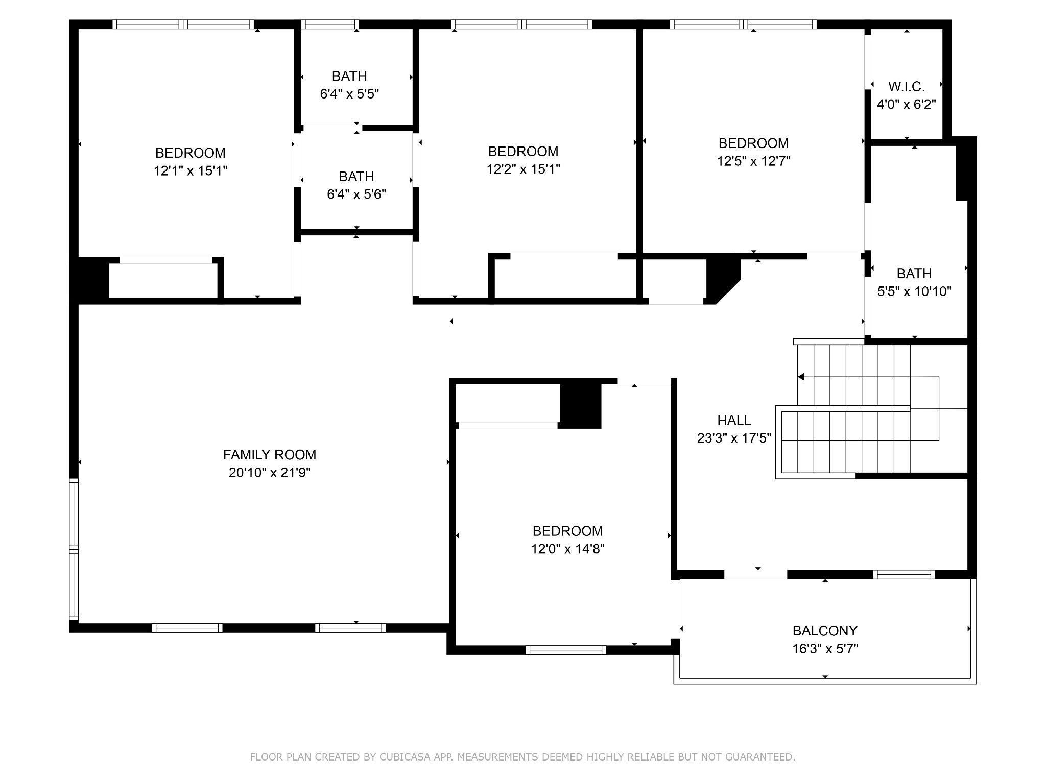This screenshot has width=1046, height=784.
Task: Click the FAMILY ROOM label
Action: click(x=269, y=454)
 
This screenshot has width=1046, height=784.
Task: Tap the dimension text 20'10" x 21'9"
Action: click(x=269, y=473)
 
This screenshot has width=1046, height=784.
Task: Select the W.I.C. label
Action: click(x=906, y=86)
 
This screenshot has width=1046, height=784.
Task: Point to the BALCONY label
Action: click(x=824, y=631)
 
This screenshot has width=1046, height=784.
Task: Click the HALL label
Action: click(x=734, y=420)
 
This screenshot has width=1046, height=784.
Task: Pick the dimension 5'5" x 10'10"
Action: click(x=914, y=291)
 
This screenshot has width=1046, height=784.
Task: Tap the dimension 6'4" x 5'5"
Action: click(x=349, y=94)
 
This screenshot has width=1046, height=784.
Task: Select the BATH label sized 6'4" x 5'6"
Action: click(x=356, y=177)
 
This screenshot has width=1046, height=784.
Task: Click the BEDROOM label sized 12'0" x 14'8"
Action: click(x=567, y=531)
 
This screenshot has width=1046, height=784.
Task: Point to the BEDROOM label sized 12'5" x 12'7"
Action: click(x=753, y=143)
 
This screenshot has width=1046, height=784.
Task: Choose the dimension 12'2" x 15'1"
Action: click(x=523, y=169)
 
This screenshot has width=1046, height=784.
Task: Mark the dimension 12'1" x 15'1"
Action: click(x=190, y=170)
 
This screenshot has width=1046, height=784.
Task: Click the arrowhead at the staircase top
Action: click(x=801, y=377)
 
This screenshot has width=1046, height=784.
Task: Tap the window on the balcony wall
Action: click(x=904, y=575)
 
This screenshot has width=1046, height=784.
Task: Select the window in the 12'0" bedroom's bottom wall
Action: click(x=565, y=650)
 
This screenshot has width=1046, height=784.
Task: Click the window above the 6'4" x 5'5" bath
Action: click(x=329, y=24)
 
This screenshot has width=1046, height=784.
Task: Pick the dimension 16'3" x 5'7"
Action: click(x=824, y=649)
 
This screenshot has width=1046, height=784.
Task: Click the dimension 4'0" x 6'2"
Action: click(x=906, y=105)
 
